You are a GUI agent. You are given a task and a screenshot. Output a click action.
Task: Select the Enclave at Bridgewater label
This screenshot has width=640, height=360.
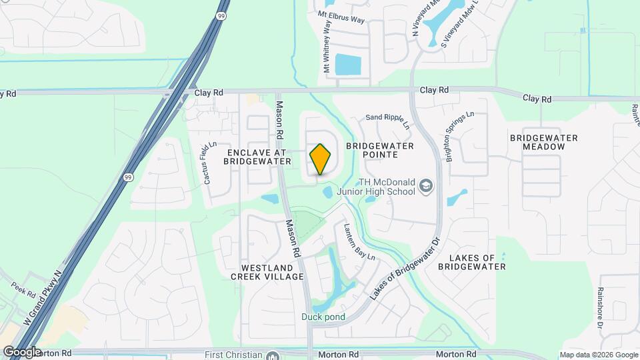pos(257,157)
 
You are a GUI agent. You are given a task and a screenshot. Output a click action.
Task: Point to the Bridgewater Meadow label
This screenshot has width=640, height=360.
pos(543,142)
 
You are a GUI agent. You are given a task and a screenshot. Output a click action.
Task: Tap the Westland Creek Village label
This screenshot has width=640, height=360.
pos(267,271)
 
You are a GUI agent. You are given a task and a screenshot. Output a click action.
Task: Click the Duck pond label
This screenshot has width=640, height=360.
pos(323,317)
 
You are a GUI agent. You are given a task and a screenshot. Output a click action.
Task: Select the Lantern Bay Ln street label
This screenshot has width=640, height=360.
pos(360,241)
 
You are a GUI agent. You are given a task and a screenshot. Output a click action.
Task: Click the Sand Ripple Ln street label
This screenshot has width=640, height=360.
pos(387,117)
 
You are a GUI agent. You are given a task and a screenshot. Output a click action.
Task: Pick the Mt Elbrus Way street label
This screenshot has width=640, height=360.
pos(341,17)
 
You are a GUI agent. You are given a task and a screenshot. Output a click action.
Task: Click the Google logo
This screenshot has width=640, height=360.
pos(22,351)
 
